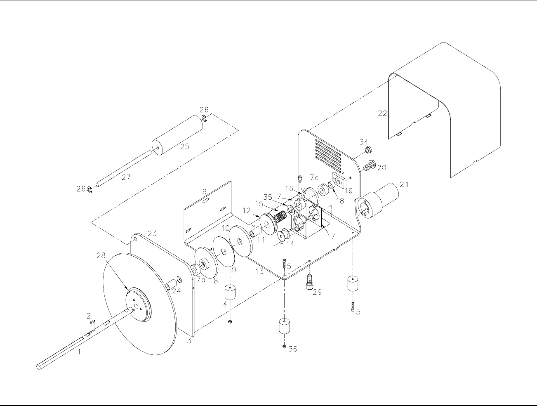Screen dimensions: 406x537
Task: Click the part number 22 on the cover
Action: point(383,113)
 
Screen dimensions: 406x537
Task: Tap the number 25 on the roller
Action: point(185,146)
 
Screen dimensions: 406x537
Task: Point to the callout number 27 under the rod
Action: point(126,177)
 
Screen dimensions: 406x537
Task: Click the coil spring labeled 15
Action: point(281,216)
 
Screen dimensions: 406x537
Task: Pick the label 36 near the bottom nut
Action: point(292,349)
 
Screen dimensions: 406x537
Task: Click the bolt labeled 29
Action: point(309,281)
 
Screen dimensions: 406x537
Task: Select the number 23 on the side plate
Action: point(152,234)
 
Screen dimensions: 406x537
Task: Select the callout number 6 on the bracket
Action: point(204,191)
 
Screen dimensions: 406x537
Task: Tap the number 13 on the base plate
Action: point(260,271)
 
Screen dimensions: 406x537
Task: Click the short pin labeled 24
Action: point(170,285)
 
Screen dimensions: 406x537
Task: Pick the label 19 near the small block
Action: point(349,191)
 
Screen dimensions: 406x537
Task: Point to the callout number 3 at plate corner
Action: point(189,341)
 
